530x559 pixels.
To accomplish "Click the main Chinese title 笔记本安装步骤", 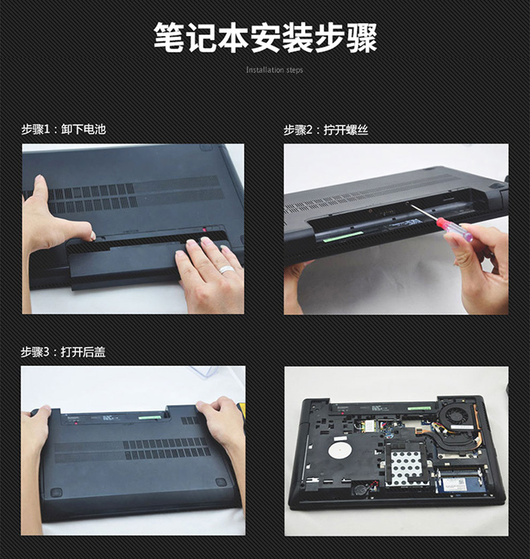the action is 265,38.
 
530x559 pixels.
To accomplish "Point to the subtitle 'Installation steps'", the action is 274,70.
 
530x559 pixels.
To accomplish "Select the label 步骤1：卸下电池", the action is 64,129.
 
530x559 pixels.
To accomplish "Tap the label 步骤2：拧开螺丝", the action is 326,130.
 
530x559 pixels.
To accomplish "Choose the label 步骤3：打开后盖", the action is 63,352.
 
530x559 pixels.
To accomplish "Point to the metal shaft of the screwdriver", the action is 424,213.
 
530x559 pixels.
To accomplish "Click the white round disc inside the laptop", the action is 340,451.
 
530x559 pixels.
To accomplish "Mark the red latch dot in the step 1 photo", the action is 205,230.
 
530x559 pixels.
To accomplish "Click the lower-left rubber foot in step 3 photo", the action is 56,493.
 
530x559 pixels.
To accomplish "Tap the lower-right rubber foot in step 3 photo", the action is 221,483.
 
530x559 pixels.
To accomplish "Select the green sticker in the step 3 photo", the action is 149,417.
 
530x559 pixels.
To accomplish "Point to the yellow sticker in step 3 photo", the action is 240,406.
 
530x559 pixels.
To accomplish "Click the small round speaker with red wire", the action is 360,489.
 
